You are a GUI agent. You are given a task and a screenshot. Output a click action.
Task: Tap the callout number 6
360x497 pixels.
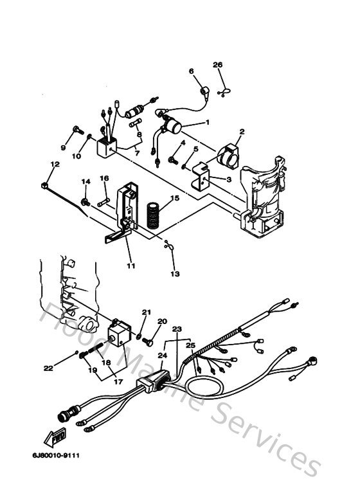191,71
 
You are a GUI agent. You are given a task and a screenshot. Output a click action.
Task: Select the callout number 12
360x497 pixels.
55,165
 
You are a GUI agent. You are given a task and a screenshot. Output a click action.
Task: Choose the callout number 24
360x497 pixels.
162,354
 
